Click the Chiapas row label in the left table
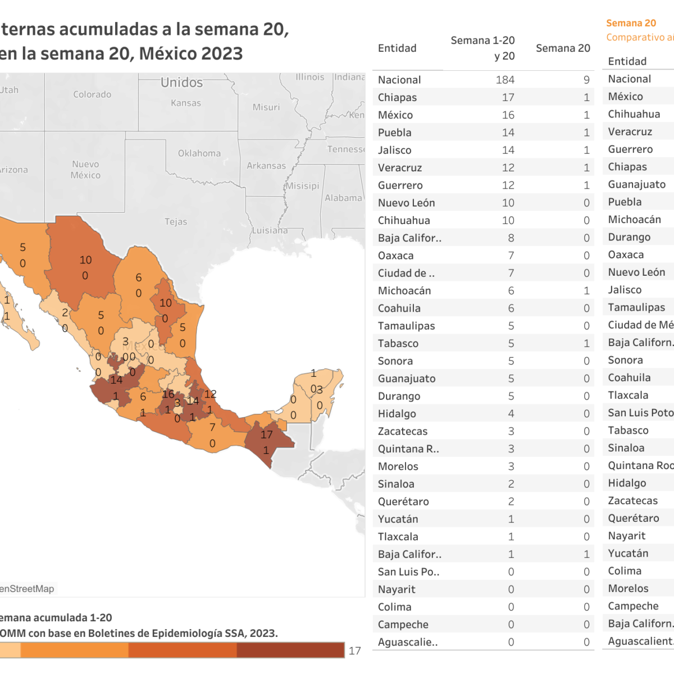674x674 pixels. pyautogui.click(x=397, y=97)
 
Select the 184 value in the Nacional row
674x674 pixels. pyautogui.click(x=505, y=80)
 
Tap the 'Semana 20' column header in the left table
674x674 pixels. pyautogui.click(x=563, y=48)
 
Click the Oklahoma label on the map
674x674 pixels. pyautogui.click(x=199, y=153)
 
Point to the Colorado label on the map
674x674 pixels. pyautogui.click(x=92, y=94)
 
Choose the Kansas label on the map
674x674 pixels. pyautogui.click(x=186, y=103)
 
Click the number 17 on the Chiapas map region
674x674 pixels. pyautogui.click(x=266, y=434)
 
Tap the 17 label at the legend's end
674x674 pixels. pyautogui.click(x=354, y=650)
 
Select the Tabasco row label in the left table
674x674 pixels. pyautogui.click(x=398, y=343)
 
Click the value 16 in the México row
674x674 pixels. pyautogui.click(x=508, y=115)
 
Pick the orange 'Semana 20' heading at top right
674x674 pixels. pyautogui.click(x=631, y=23)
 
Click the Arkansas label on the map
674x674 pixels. pyautogui.click(x=266, y=166)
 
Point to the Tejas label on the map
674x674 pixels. pyautogui.click(x=176, y=221)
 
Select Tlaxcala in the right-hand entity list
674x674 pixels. pyautogui.click(x=628, y=395)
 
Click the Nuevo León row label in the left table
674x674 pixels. pyautogui.click(x=406, y=203)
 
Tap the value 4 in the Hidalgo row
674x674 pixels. pyautogui.click(x=511, y=413)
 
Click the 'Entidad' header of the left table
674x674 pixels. pyautogui.click(x=397, y=48)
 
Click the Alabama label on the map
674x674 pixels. pyautogui.click(x=343, y=198)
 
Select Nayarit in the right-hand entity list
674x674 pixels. pyautogui.click(x=626, y=535)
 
